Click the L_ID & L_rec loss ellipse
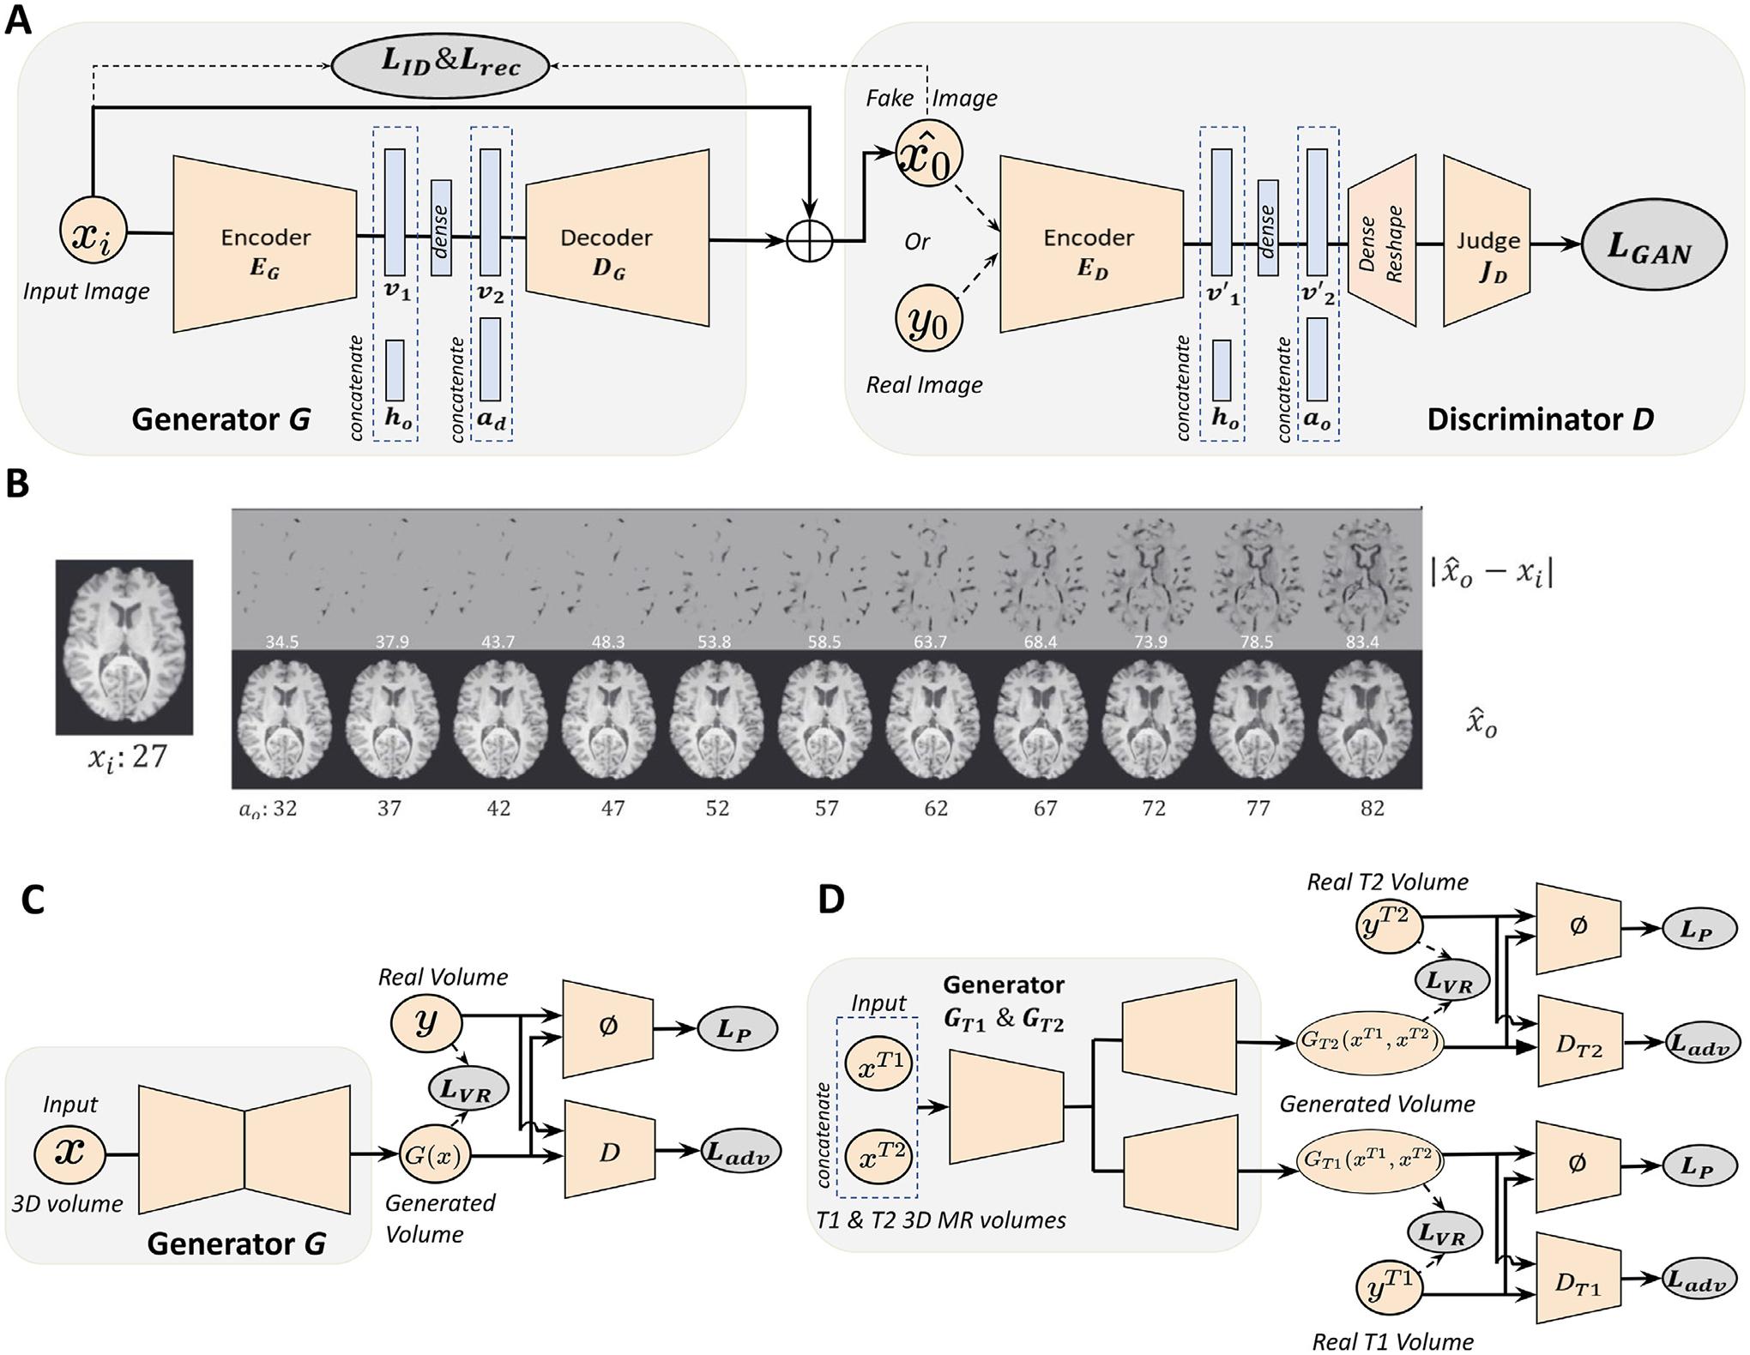[439, 65]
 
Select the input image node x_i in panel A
[92, 232]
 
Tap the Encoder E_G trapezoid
[264, 244]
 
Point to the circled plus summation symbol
[810, 240]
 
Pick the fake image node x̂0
[928, 154]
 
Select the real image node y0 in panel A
[928, 320]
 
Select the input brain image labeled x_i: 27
[124, 647]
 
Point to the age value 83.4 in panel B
[1362, 641]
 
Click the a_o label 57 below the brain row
[825, 808]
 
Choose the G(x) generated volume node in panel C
[434, 1155]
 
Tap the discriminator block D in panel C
[609, 1151]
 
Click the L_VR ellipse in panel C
[468, 1089]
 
